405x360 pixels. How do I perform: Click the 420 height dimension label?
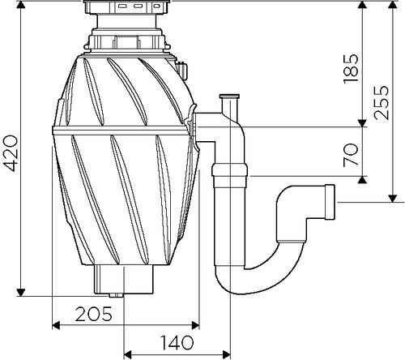10,153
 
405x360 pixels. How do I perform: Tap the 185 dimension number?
351,69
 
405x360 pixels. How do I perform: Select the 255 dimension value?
382,103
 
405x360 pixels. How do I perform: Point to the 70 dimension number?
351,155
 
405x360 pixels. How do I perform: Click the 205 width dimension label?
93,314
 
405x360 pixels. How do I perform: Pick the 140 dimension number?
177,342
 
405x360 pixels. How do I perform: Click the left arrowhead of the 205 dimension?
56,325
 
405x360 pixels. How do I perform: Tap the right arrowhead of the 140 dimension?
227,354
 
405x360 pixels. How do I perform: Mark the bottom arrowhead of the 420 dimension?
21,293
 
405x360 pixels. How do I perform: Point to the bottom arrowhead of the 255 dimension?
393,199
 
